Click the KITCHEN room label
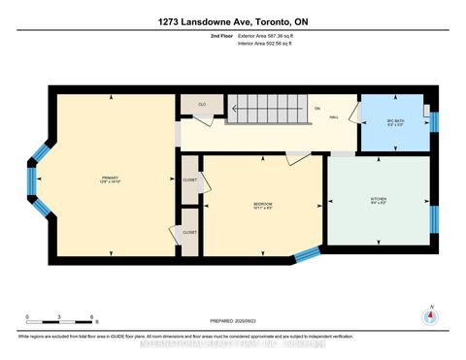[x=380, y=200]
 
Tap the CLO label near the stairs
[x=202, y=104]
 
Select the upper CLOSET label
[x=189, y=180]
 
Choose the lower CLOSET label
[x=189, y=233]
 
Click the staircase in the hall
[x=268, y=110]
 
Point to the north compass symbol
[x=427, y=317]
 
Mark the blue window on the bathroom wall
[x=435, y=121]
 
